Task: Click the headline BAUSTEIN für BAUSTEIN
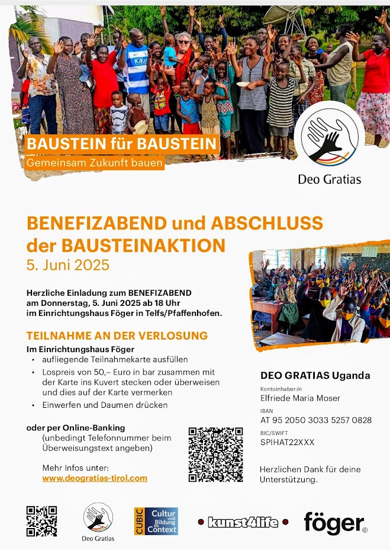click(121, 144)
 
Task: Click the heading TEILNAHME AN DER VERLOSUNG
click(117, 335)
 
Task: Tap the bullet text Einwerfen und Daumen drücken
click(105, 405)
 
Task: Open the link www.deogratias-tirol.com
click(95, 478)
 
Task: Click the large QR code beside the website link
click(215, 454)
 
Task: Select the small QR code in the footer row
click(41, 521)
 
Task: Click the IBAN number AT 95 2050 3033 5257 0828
click(316, 420)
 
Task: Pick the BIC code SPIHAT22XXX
click(288, 442)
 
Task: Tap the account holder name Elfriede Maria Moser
click(300, 398)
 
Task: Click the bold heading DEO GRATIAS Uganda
click(315, 375)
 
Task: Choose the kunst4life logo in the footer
click(243, 522)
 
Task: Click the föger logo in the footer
click(335, 523)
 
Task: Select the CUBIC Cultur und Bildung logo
click(156, 521)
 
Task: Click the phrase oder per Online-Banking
click(76, 427)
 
